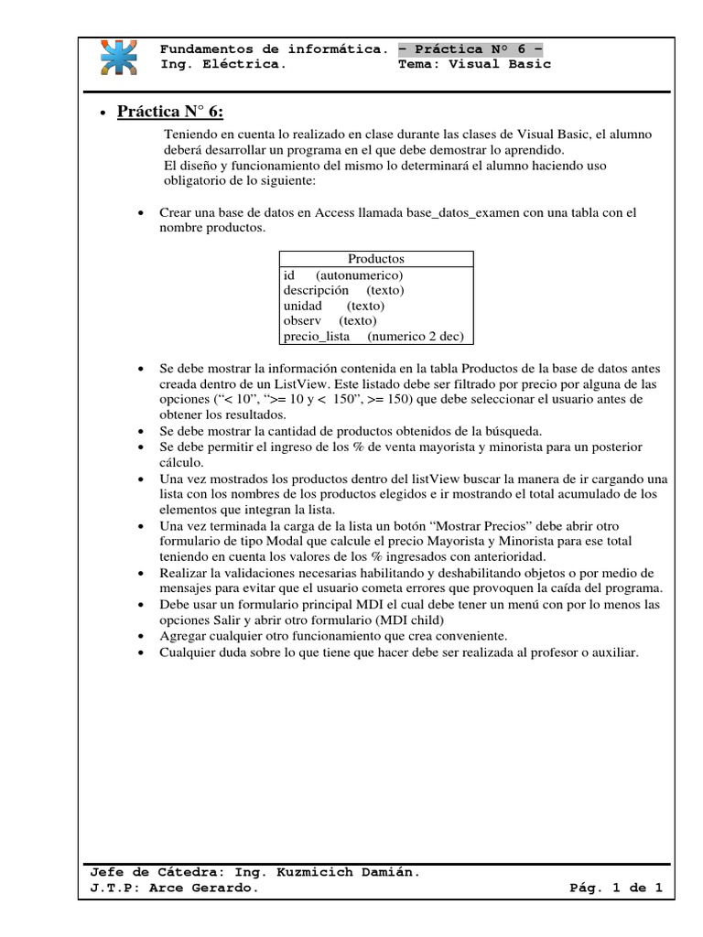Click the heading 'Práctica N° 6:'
click(170, 112)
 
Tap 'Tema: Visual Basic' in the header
click(475, 65)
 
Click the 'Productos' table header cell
click(375, 259)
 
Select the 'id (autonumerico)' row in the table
click(343, 275)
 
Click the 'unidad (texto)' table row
click(333, 306)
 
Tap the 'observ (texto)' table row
click(330, 321)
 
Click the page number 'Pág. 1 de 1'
click(615, 889)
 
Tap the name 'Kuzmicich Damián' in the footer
click(351, 872)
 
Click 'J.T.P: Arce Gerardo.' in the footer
click(168, 889)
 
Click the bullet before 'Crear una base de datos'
click(140, 213)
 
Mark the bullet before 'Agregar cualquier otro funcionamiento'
click(140, 636)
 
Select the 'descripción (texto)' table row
click(343, 290)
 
